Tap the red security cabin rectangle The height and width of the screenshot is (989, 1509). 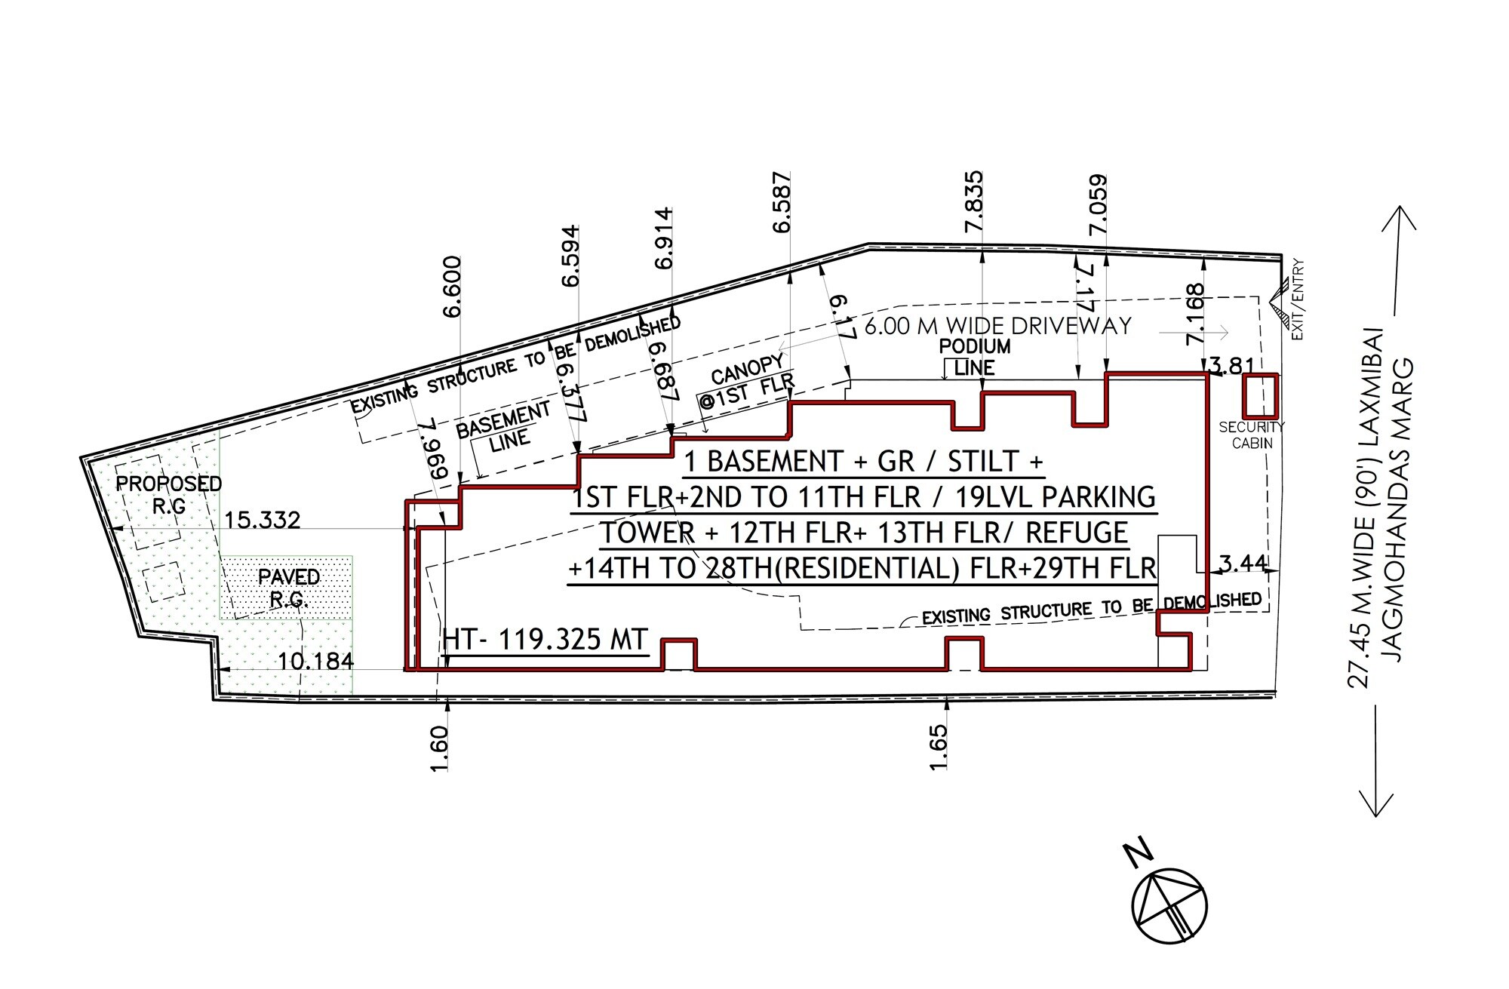point(1260,396)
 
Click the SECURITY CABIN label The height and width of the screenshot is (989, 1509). point(1252,435)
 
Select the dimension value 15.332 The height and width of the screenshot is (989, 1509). point(263,520)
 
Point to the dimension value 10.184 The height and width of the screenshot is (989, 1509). point(315,662)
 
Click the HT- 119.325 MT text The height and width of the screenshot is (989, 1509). point(545,640)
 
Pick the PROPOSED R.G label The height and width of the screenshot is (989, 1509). point(169,494)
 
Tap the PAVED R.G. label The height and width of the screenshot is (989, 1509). point(289,588)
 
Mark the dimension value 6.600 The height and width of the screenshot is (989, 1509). point(452,287)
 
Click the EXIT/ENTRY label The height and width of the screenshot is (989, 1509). point(1298,299)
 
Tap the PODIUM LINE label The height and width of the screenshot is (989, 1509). point(975,357)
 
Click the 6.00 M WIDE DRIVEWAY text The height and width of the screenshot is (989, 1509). point(997,326)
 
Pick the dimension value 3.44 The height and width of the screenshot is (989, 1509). point(1243,563)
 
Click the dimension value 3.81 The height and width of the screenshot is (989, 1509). point(1231,365)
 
